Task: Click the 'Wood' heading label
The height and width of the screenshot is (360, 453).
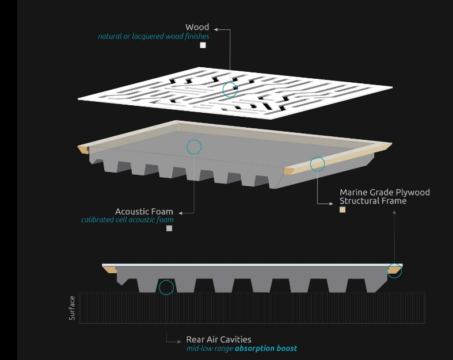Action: pos(197,27)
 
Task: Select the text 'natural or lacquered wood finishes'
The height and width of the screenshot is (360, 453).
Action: pos(153,36)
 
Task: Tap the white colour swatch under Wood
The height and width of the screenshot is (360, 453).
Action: pos(203,45)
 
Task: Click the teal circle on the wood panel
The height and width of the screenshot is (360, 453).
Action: pos(230,89)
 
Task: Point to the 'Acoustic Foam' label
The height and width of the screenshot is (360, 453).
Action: pos(144,212)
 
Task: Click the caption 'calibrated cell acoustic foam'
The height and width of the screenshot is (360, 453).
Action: pos(127,220)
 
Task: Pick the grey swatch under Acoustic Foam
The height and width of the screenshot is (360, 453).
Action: pos(169,228)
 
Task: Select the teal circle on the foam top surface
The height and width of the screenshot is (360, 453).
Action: pos(194,147)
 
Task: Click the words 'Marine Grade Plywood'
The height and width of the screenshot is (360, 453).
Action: pos(385,192)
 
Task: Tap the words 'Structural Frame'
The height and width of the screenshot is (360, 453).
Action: pos(372,201)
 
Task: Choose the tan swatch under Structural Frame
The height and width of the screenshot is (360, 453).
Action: pos(342,210)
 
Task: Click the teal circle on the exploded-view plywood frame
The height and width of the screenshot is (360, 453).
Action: pos(317,164)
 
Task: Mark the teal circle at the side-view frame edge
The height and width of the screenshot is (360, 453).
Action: pos(394,270)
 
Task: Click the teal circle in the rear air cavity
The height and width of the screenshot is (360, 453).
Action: pos(166,287)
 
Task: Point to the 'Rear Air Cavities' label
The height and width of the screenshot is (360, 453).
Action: pos(218,339)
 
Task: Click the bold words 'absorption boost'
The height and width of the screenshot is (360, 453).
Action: pos(266,348)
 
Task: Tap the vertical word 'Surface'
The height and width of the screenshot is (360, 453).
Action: pos(73,308)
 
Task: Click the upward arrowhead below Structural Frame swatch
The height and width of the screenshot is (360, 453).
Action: pos(394,212)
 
